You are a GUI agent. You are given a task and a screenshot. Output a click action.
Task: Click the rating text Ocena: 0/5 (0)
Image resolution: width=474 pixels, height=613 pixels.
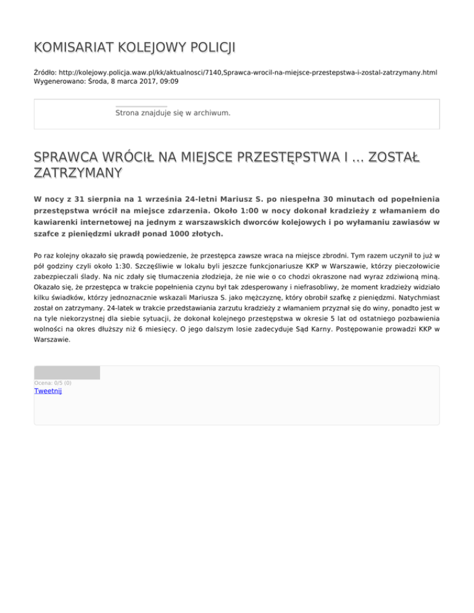52,383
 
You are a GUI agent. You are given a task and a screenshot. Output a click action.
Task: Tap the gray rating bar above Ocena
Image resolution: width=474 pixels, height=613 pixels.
67,372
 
